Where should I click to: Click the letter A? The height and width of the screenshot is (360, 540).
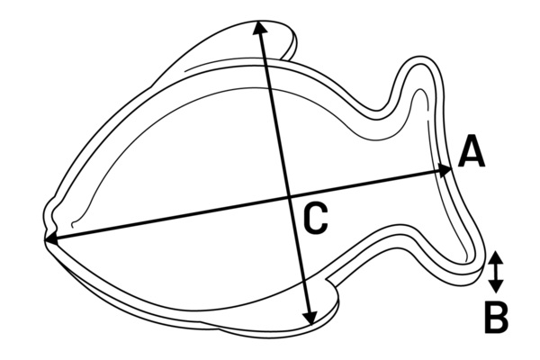tap(471, 151)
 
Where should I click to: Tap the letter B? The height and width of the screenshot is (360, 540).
tap(496, 318)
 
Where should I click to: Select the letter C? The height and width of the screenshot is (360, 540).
tap(315, 220)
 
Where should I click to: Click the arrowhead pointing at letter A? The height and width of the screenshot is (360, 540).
tap(445, 169)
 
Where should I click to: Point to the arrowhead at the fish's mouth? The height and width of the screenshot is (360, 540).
tap(51, 239)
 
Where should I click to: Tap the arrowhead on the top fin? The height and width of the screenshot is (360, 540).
tap(260, 27)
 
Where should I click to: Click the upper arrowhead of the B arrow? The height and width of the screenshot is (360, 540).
tap(495, 257)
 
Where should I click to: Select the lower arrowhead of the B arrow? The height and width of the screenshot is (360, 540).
tap(496, 286)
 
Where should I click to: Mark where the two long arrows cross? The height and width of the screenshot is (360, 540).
tap(289, 197)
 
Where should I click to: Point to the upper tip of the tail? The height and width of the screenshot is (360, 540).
tap(420, 58)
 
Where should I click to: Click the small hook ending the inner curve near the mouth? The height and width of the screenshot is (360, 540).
tap(73, 224)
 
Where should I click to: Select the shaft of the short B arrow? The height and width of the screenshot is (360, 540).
tap(496, 272)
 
